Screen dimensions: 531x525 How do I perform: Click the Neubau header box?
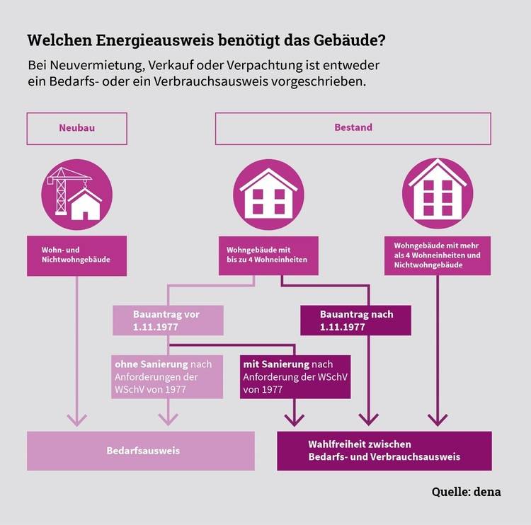point(77,129)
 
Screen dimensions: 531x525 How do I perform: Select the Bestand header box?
point(353,129)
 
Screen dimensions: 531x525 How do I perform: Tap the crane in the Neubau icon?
point(67,191)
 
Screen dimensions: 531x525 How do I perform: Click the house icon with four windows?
point(268,195)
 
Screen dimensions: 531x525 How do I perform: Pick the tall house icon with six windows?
point(438,193)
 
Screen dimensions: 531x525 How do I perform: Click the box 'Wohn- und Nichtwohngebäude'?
point(77,256)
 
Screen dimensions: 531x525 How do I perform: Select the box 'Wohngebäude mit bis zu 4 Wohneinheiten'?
point(268,255)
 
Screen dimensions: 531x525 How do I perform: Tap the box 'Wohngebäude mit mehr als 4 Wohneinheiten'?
point(438,255)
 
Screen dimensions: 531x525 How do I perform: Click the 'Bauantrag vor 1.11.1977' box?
point(168,321)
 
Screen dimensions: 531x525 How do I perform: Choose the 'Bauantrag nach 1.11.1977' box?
point(355,321)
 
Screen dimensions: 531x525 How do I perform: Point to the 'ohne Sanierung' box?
point(167,376)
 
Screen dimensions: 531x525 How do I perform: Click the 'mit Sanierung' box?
point(295,376)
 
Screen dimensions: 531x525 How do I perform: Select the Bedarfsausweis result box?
point(141,451)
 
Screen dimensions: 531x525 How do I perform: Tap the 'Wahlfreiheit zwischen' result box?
point(384,451)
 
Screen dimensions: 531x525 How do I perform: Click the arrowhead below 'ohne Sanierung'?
point(168,420)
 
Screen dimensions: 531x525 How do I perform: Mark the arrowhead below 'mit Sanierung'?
point(295,420)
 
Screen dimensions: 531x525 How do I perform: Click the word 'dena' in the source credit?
point(487,492)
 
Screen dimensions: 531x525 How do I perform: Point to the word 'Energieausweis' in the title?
point(155,40)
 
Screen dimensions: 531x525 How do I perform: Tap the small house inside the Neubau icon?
point(85,204)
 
